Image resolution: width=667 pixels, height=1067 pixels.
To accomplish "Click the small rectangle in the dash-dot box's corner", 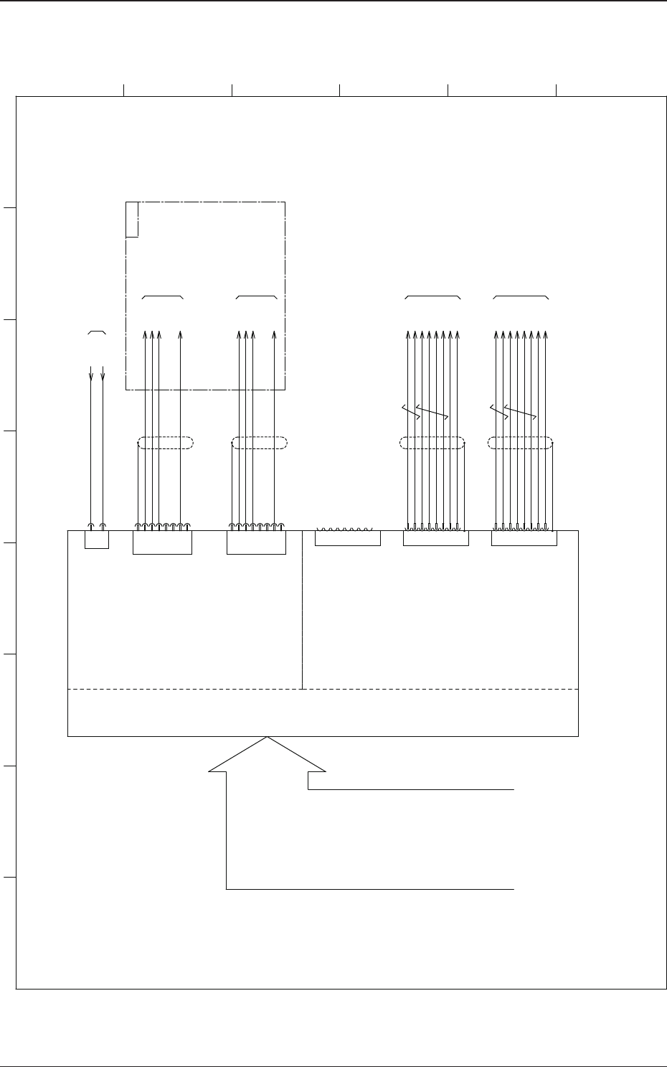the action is point(132,219).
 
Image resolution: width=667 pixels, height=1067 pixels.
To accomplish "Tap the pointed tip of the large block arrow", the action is point(268,738).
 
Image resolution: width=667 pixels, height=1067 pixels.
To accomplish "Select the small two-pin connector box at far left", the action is point(97,540).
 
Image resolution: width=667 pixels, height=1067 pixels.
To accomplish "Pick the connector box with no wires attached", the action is point(348,538).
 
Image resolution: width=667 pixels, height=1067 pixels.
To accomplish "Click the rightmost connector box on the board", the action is point(524,538).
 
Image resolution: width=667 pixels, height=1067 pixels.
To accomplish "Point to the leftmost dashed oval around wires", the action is point(166,443).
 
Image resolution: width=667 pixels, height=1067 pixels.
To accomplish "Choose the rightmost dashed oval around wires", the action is point(520,443).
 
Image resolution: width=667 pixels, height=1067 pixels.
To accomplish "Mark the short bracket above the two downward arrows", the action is point(97,333).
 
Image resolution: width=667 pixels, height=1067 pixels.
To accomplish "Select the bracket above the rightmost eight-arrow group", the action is point(521,296).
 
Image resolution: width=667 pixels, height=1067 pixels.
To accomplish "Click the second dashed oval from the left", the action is point(260,443).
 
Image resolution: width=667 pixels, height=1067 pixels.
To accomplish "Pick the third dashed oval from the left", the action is point(432,443).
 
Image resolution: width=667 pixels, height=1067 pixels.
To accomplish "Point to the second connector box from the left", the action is point(163,542).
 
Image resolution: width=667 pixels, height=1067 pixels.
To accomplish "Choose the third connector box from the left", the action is point(256,542).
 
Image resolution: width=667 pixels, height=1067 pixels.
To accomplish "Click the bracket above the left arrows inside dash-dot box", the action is point(163,296).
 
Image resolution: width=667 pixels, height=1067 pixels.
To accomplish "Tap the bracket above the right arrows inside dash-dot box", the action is point(256,296).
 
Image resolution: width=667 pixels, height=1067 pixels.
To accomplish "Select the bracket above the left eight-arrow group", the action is point(432,296).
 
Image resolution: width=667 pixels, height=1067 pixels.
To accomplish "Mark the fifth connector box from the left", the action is point(436,538).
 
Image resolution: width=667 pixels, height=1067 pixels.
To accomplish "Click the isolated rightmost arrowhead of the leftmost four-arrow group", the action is point(180,334).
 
